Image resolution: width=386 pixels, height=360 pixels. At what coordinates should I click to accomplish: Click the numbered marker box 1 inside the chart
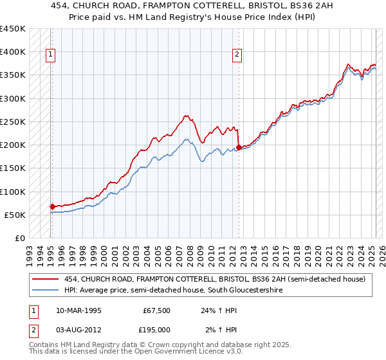click(51, 55)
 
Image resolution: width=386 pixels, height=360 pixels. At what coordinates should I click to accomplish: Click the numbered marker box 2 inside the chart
click(237, 55)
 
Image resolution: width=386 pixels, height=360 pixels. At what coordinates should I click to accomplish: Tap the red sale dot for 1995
click(52, 206)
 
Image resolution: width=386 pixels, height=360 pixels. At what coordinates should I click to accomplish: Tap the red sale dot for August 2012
click(239, 147)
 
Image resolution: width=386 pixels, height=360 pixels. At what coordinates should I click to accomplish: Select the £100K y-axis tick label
click(13, 192)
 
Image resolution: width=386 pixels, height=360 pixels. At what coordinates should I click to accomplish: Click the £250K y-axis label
click(13, 122)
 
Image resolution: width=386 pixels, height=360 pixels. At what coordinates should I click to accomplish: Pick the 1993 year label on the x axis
click(29, 253)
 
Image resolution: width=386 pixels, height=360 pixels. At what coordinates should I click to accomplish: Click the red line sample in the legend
click(46, 279)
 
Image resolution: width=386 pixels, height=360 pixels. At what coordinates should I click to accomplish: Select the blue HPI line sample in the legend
click(46, 290)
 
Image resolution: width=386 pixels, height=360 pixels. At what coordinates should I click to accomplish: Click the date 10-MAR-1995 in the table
click(78, 310)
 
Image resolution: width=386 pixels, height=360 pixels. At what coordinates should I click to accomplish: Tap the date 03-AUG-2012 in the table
click(78, 329)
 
